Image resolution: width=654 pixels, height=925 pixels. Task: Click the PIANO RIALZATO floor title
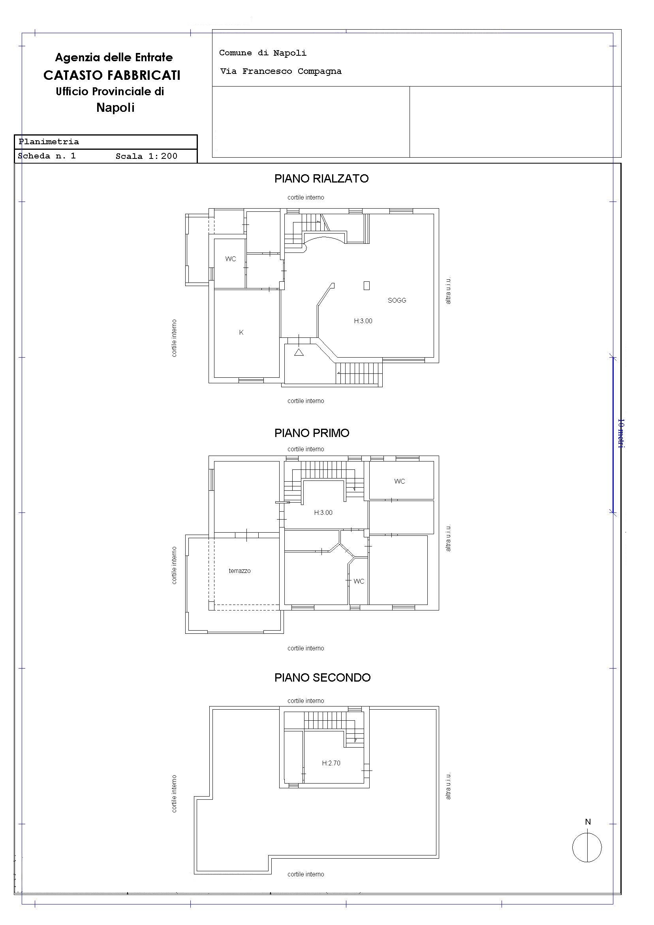[321, 179]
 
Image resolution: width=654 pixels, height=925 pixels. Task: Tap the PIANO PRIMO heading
[312, 433]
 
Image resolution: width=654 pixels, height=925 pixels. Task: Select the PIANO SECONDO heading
[322, 678]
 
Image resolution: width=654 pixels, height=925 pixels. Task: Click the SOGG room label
[397, 300]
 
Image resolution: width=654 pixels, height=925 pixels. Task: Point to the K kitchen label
[241, 332]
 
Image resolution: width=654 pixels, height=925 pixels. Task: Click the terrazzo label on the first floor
[240, 571]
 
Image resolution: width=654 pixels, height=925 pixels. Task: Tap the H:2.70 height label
[331, 763]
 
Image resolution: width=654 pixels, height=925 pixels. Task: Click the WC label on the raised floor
[231, 259]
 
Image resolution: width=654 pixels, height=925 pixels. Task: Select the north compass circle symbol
[587, 847]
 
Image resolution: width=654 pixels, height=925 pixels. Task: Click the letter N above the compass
[588, 822]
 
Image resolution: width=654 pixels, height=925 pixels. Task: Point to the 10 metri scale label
[621, 433]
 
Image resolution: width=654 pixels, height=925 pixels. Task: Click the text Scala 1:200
[146, 156]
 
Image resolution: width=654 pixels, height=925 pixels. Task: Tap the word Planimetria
[49, 142]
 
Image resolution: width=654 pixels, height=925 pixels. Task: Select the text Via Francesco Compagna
[281, 71]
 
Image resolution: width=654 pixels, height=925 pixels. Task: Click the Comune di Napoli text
[263, 53]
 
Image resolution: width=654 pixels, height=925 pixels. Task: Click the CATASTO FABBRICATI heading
[112, 75]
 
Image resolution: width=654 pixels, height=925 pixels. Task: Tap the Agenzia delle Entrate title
[114, 58]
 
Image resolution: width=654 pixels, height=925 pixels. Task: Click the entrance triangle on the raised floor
[299, 352]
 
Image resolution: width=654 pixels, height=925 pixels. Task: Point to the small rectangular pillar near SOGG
[366, 286]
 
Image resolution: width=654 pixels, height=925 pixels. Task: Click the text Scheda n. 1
[47, 156]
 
